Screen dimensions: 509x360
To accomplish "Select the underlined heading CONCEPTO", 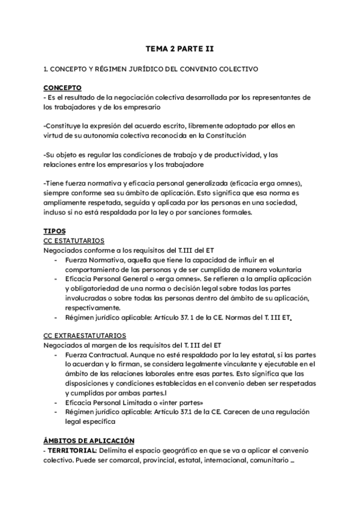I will pyautogui.click(x=63, y=87).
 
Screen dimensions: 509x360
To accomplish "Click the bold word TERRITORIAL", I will pyautogui.click(x=71, y=450).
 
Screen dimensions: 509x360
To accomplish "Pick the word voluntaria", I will pyautogui.click(x=284, y=269).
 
